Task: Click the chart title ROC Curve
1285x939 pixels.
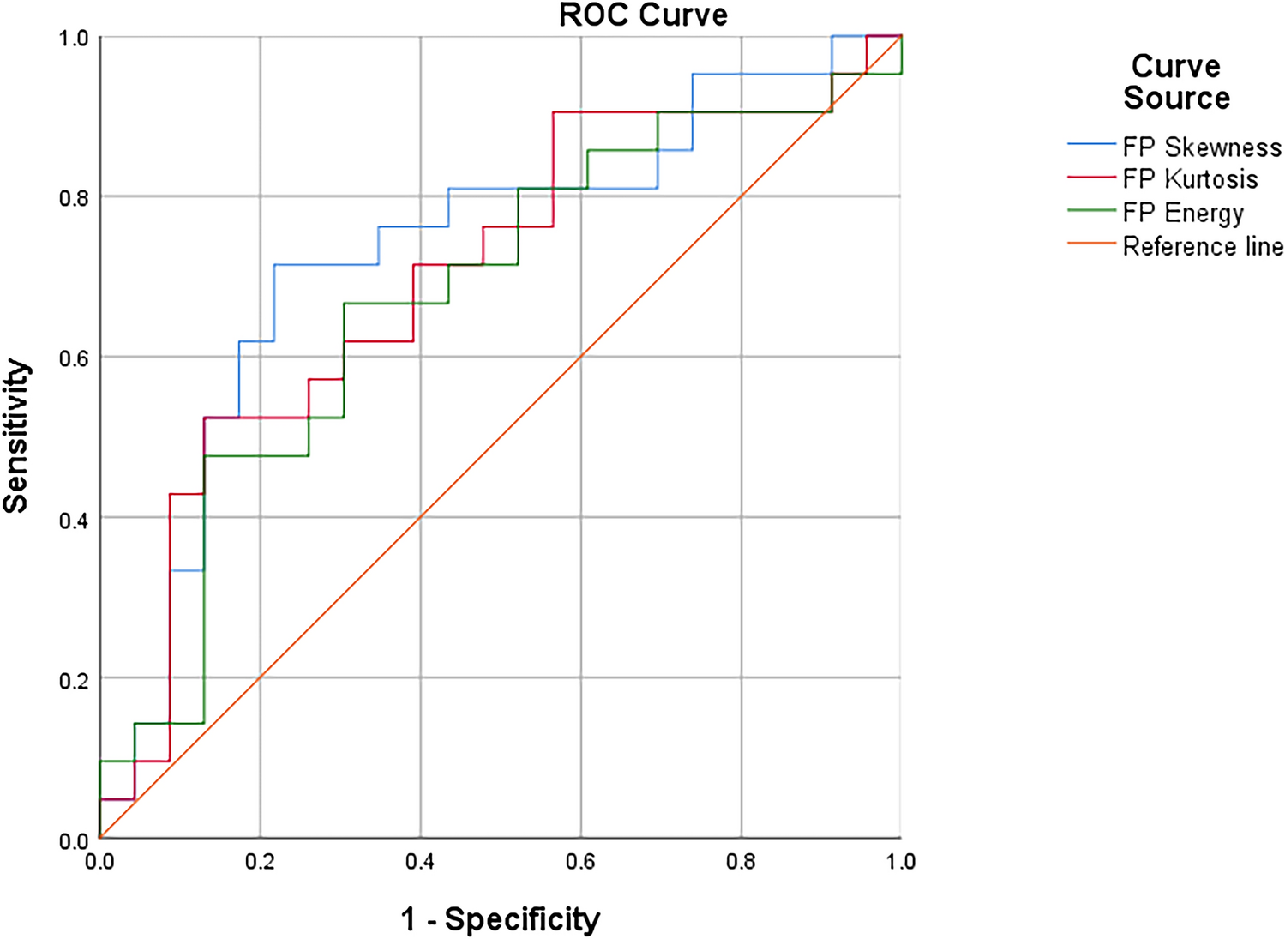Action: [643, 15]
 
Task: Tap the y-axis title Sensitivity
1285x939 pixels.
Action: [16, 436]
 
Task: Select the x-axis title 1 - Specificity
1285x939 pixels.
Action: [501, 919]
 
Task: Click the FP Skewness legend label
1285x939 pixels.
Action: [1202, 147]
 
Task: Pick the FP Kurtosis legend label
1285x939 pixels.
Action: [1190, 179]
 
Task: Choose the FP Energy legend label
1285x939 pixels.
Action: [1183, 213]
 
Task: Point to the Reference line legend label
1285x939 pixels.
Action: [1203, 247]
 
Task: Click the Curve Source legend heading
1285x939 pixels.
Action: [1176, 82]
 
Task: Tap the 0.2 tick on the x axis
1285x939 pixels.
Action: [260, 861]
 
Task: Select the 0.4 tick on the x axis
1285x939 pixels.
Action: [420, 861]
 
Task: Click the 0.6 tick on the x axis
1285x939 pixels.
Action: [580, 861]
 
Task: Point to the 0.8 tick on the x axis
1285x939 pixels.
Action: [741, 861]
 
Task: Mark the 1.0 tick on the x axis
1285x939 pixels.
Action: [900, 861]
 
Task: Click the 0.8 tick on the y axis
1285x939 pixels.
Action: [73, 198]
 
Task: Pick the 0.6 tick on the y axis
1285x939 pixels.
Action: [73, 358]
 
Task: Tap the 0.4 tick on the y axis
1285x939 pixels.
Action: [73, 519]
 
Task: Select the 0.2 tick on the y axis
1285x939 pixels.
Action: [73, 679]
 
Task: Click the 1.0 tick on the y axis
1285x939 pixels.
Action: [73, 39]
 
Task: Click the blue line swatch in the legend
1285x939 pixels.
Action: [1091, 145]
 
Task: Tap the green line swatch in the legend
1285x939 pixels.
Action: [1091, 210]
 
